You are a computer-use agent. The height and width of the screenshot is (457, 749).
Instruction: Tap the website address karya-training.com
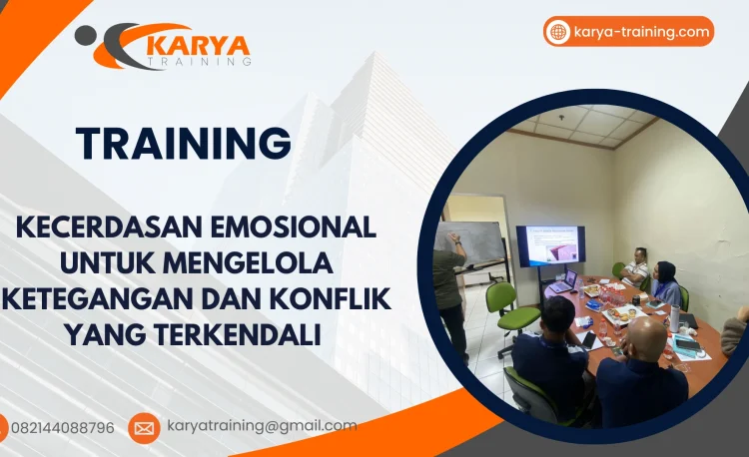coord(642,32)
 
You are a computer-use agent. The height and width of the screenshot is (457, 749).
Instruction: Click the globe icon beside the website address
coord(558,32)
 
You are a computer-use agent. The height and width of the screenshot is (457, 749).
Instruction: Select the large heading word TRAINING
coord(184,143)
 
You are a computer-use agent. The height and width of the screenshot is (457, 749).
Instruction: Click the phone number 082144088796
coord(62,428)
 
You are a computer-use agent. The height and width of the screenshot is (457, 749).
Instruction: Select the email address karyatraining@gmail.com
coord(262,426)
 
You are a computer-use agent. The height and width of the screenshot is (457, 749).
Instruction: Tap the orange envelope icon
coord(144,428)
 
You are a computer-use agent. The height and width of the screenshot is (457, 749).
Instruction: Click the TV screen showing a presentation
coord(550,245)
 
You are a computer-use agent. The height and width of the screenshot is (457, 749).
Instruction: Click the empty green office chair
coord(510,306)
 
